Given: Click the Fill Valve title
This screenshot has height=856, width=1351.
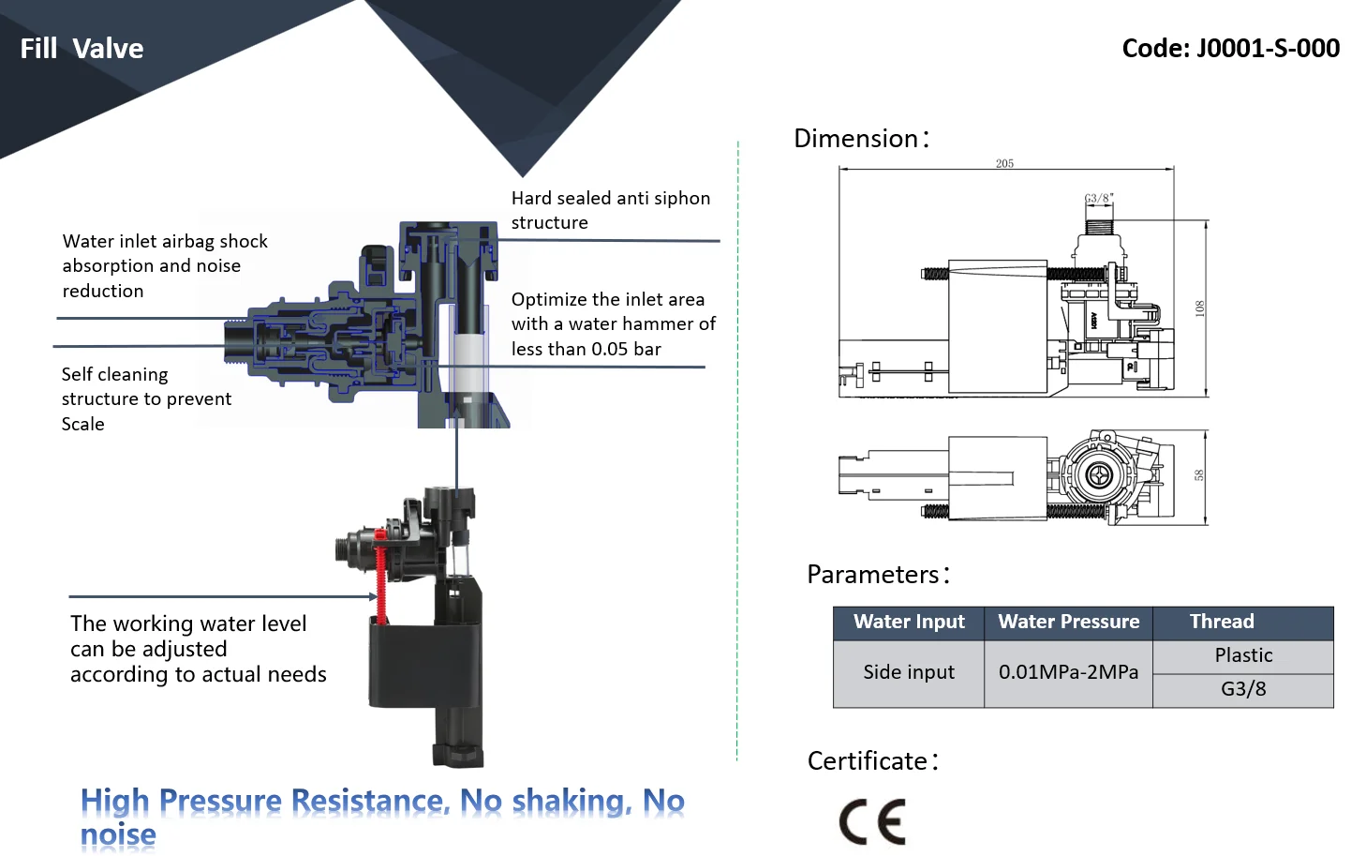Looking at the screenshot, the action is (x=82, y=49).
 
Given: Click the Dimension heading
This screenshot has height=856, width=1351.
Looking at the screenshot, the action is (x=861, y=138).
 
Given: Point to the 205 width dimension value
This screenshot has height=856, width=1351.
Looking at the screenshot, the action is (x=1004, y=163).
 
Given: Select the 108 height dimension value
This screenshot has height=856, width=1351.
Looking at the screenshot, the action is (x=1199, y=308).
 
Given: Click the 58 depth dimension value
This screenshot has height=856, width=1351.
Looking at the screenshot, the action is (x=1199, y=475).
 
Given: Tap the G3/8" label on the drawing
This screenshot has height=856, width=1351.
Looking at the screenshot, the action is (x=1098, y=198).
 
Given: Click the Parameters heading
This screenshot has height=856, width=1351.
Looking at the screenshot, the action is (x=878, y=574).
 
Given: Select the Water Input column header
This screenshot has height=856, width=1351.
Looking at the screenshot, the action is (x=909, y=622).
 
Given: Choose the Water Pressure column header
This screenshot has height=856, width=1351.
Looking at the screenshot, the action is (x=1068, y=622).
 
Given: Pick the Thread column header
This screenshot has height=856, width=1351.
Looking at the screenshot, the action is (x=1222, y=622).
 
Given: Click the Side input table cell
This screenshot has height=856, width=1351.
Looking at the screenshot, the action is (x=908, y=672).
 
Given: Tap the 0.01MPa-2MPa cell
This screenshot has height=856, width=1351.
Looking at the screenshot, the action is (x=1068, y=672).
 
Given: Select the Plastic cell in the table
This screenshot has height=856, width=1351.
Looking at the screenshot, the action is (x=1243, y=655).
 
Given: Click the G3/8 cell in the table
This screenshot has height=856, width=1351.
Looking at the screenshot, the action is (x=1243, y=689).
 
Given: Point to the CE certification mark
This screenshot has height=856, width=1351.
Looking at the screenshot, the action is (x=873, y=821).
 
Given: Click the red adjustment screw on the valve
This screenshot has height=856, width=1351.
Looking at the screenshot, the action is (x=380, y=577).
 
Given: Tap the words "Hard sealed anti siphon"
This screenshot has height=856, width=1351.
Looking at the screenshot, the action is (x=610, y=199).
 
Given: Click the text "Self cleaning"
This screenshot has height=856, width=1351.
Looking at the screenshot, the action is (x=114, y=375).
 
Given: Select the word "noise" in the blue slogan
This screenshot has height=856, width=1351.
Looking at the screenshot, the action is (x=118, y=834).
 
